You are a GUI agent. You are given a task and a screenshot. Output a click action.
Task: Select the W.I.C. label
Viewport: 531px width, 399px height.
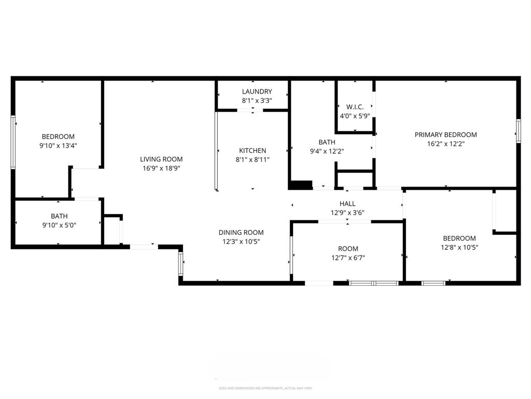[355, 107]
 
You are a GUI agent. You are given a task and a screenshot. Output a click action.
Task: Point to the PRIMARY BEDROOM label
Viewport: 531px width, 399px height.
[445, 135]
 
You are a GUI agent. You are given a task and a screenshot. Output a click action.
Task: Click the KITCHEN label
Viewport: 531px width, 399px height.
[253, 151]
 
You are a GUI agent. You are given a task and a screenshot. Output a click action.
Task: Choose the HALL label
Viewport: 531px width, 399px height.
[347, 204]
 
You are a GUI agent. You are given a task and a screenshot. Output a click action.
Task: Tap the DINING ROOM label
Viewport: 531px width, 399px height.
[241, 233]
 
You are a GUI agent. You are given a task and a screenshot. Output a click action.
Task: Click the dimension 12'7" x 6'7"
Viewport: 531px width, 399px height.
[347, 258]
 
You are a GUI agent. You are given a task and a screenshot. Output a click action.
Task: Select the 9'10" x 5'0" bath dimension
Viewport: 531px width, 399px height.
[59, 225]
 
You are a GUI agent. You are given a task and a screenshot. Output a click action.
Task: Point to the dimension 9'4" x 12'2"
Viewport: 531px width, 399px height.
[327, 151]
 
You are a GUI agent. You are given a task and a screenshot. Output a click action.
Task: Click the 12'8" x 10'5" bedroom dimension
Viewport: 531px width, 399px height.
[459, 247]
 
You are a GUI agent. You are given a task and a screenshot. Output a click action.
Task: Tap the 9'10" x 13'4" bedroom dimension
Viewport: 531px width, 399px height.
[58, 146]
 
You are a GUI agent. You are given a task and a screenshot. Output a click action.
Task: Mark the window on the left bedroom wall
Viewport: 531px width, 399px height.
[13, 142]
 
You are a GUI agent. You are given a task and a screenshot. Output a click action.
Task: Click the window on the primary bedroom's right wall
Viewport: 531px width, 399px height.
[518, 130]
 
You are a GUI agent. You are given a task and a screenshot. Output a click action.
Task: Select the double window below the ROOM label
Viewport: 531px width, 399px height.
[373, 283]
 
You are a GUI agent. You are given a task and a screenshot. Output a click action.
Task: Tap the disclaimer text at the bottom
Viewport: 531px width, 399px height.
[265, 388]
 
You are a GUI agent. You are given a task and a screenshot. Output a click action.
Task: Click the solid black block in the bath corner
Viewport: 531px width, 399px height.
[300, 185]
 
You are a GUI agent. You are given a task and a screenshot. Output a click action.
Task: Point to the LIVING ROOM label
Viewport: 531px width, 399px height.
[161, 159]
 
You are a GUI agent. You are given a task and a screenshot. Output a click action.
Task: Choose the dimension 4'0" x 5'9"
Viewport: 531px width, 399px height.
[355, 116]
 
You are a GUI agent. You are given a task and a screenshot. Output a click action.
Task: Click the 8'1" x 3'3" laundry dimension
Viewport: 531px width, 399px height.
[257, 101]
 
